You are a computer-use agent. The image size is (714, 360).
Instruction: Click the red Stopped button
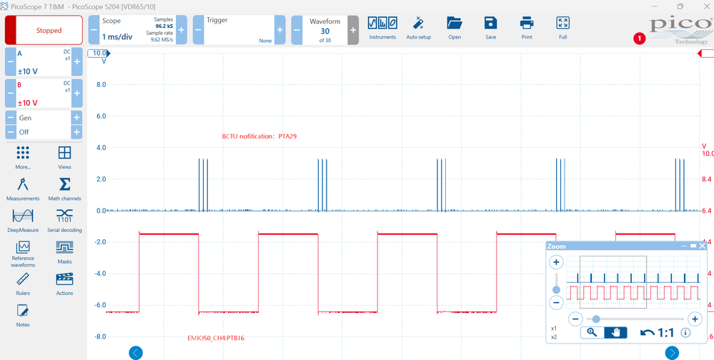point(44,30)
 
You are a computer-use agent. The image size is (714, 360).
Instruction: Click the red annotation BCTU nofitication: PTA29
point(259,136)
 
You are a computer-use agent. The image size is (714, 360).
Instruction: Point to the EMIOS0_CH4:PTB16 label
point(216,338)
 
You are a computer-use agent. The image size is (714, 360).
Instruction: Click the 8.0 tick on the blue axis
point(101,85)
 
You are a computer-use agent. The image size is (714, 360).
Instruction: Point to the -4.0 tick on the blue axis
point(100,274)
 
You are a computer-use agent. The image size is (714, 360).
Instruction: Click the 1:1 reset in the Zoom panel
point(657,333)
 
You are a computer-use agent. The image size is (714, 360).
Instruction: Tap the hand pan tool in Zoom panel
point(615,333)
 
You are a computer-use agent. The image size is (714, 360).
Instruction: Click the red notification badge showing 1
point(640,39)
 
